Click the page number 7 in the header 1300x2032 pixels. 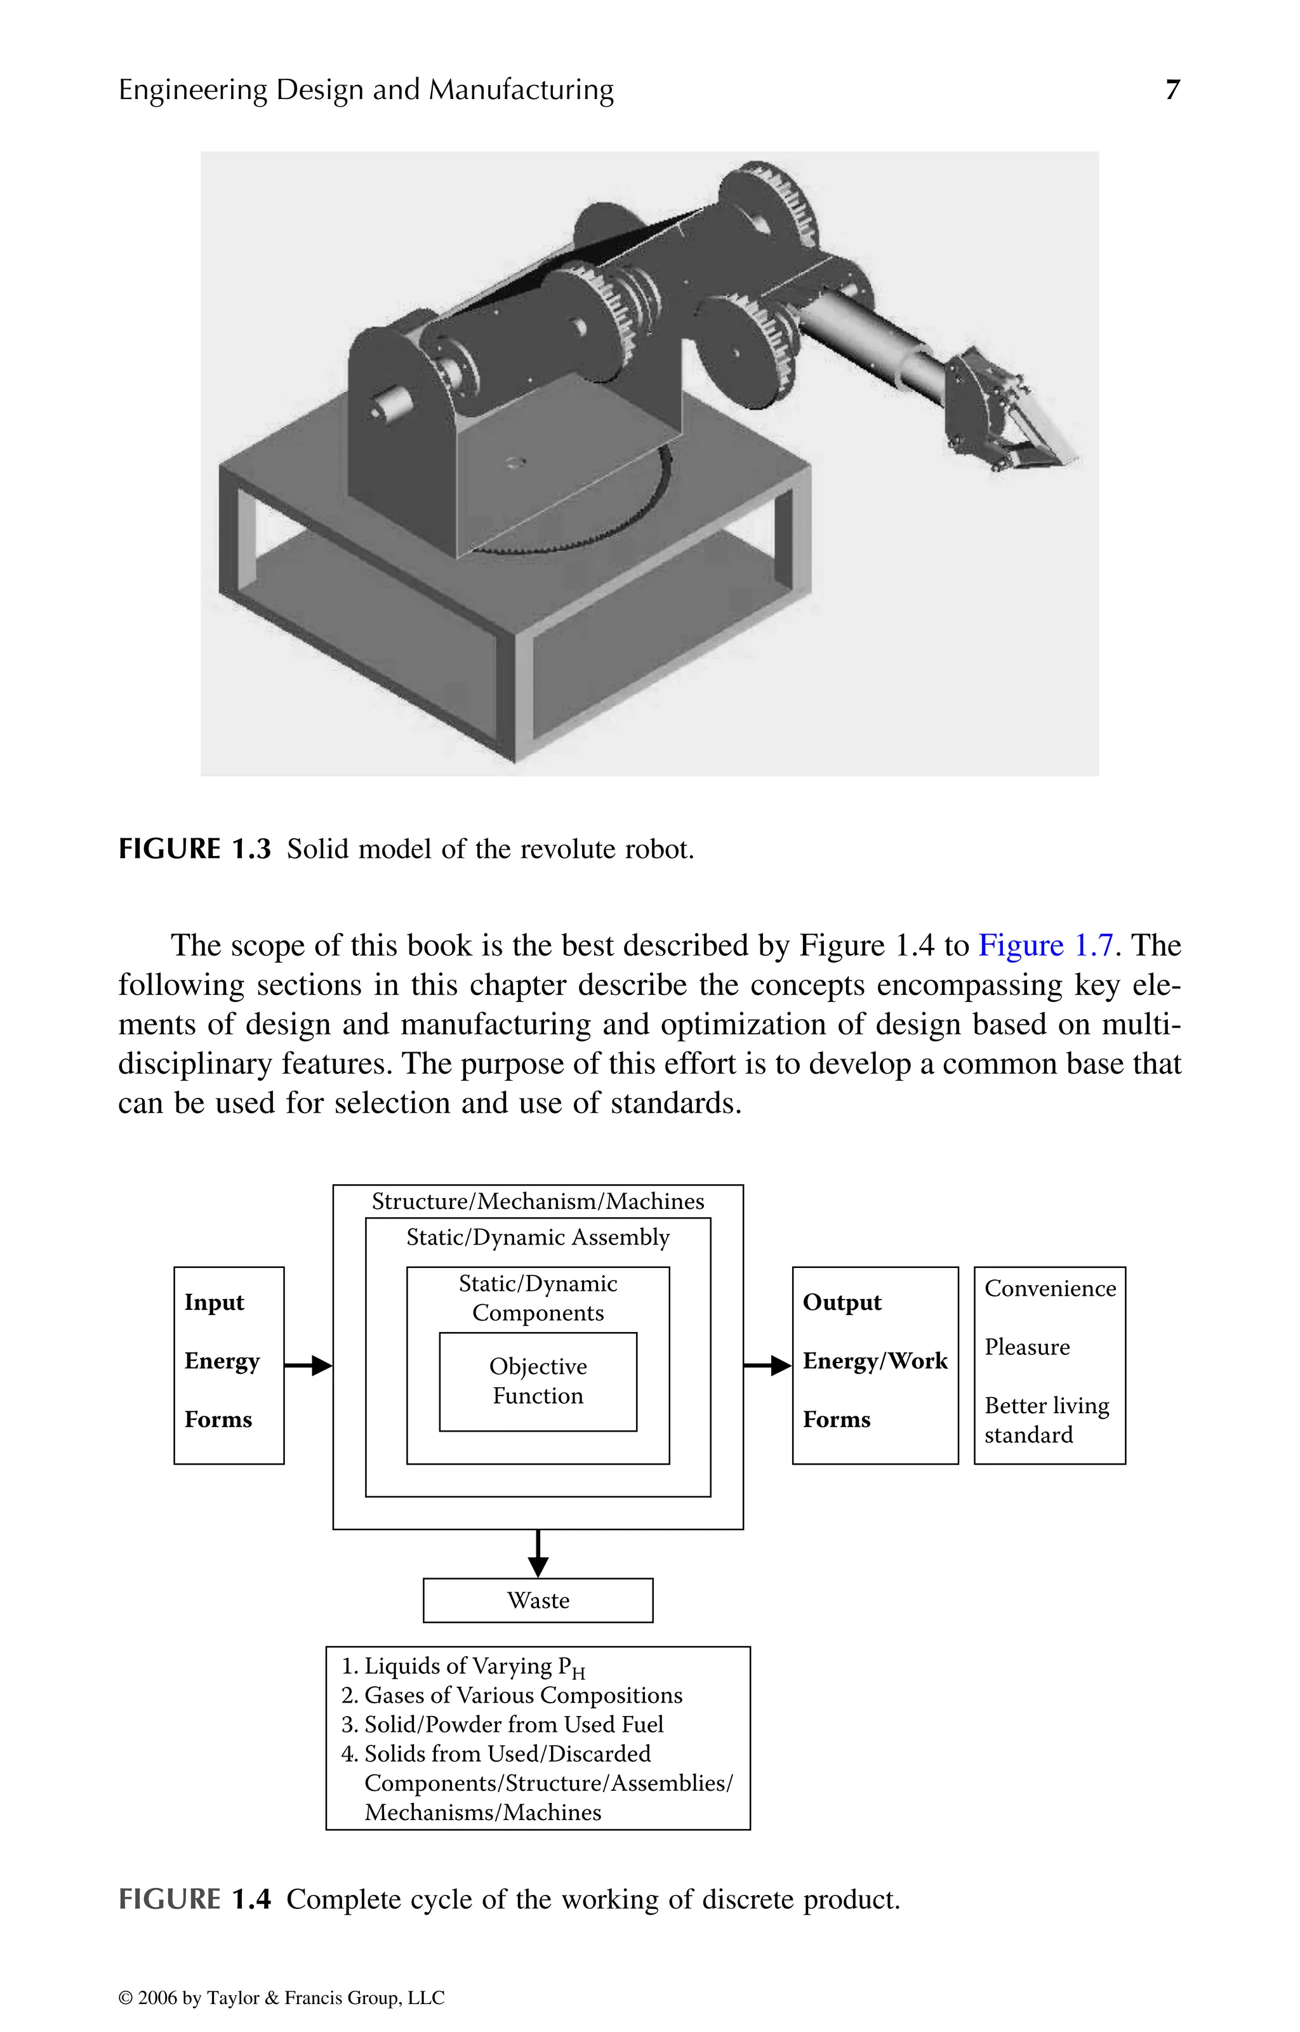click(x=1172, y=89)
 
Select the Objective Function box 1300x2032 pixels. click(x=538, y=1382)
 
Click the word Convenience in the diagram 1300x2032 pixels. click(x=1049, y=1289)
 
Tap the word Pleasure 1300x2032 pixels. click(x=1026, y=1347)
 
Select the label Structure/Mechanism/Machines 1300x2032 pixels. click(x=538, y=1201)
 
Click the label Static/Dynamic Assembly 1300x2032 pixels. click(x=538, y=1237)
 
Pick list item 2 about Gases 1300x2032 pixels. click(x=512, y=1695)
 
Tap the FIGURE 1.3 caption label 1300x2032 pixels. click(x=194, y=849)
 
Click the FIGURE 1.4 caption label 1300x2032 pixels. click(x=194, y=1899)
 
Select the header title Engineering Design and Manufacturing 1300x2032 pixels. click(x=366, y=89)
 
